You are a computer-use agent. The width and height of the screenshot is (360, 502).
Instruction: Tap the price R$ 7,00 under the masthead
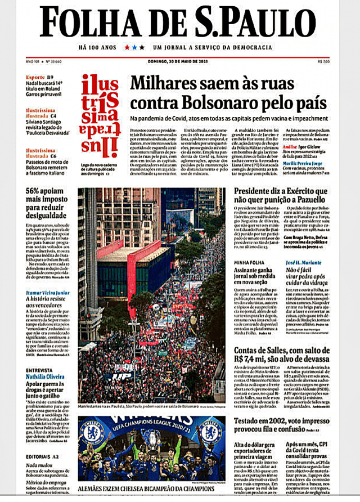[x=324, y=61]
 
